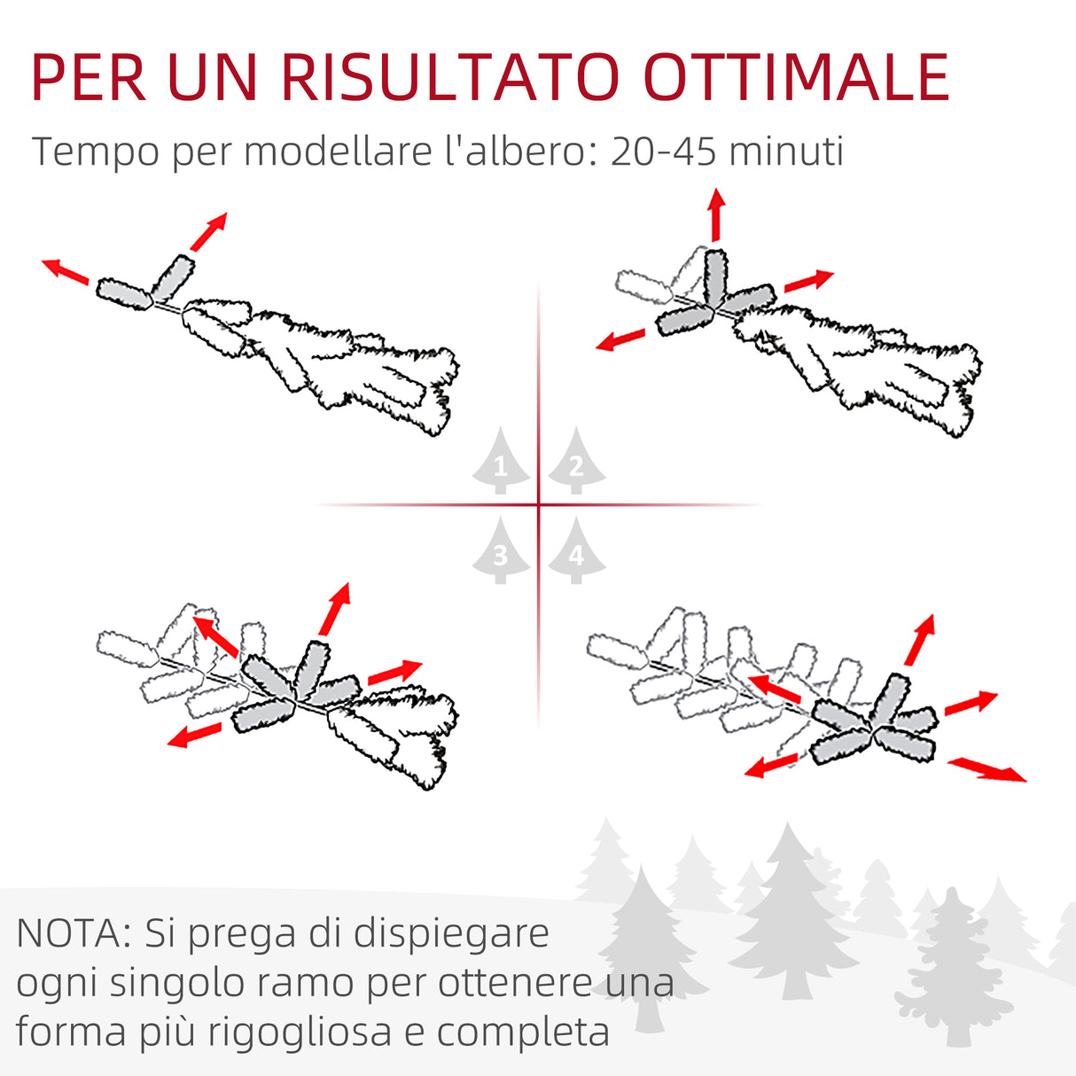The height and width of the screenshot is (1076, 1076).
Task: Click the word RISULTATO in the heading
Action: click(x=448, y=77)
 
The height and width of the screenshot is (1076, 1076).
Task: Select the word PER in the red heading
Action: click(x=89, y=77)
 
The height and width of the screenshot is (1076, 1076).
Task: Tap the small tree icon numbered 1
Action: click(x=501, y=461)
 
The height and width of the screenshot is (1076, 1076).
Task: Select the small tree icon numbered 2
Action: click(x=576, y=461)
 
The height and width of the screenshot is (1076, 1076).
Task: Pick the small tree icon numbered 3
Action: click(x=501, y=551)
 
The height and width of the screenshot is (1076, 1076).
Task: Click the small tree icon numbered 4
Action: click(x=576, y=551)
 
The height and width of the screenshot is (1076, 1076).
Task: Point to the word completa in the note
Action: click(x=523, y=1033)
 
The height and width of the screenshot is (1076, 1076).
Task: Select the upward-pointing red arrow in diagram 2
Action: click(x=716, y=214)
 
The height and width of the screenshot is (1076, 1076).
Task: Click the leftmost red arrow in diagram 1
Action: click(x=66, y=270)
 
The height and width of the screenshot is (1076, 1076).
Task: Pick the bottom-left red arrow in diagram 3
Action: click(x=195, y=735)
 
